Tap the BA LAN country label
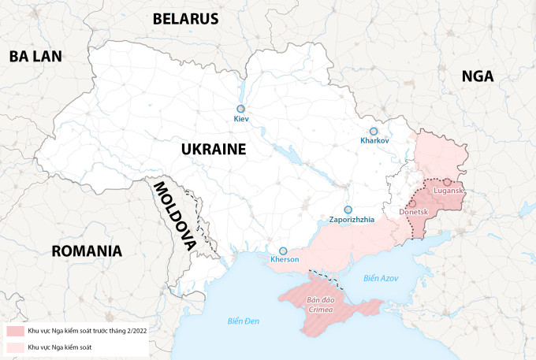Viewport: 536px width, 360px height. coord(35,56)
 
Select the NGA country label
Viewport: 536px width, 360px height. coord(478,76)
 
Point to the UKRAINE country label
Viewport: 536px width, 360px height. coord(213,149)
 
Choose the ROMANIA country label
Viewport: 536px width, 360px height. coord(87,251)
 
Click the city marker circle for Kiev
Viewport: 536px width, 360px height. coord(241,109)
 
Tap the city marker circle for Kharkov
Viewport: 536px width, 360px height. coord(374,131)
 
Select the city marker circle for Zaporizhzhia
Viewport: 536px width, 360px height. coord(348,210)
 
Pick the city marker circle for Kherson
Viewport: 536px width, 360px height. coord(283,251)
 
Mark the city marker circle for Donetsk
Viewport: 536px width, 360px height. coord(412,203)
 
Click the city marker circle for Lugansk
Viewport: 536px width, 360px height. coord(447,182)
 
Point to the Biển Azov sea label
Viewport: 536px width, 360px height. coord(382,279)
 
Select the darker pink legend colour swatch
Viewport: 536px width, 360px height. coord(15,332)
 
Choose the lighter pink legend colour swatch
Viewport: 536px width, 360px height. coord(15,347)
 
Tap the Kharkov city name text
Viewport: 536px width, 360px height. coord(374,140)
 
